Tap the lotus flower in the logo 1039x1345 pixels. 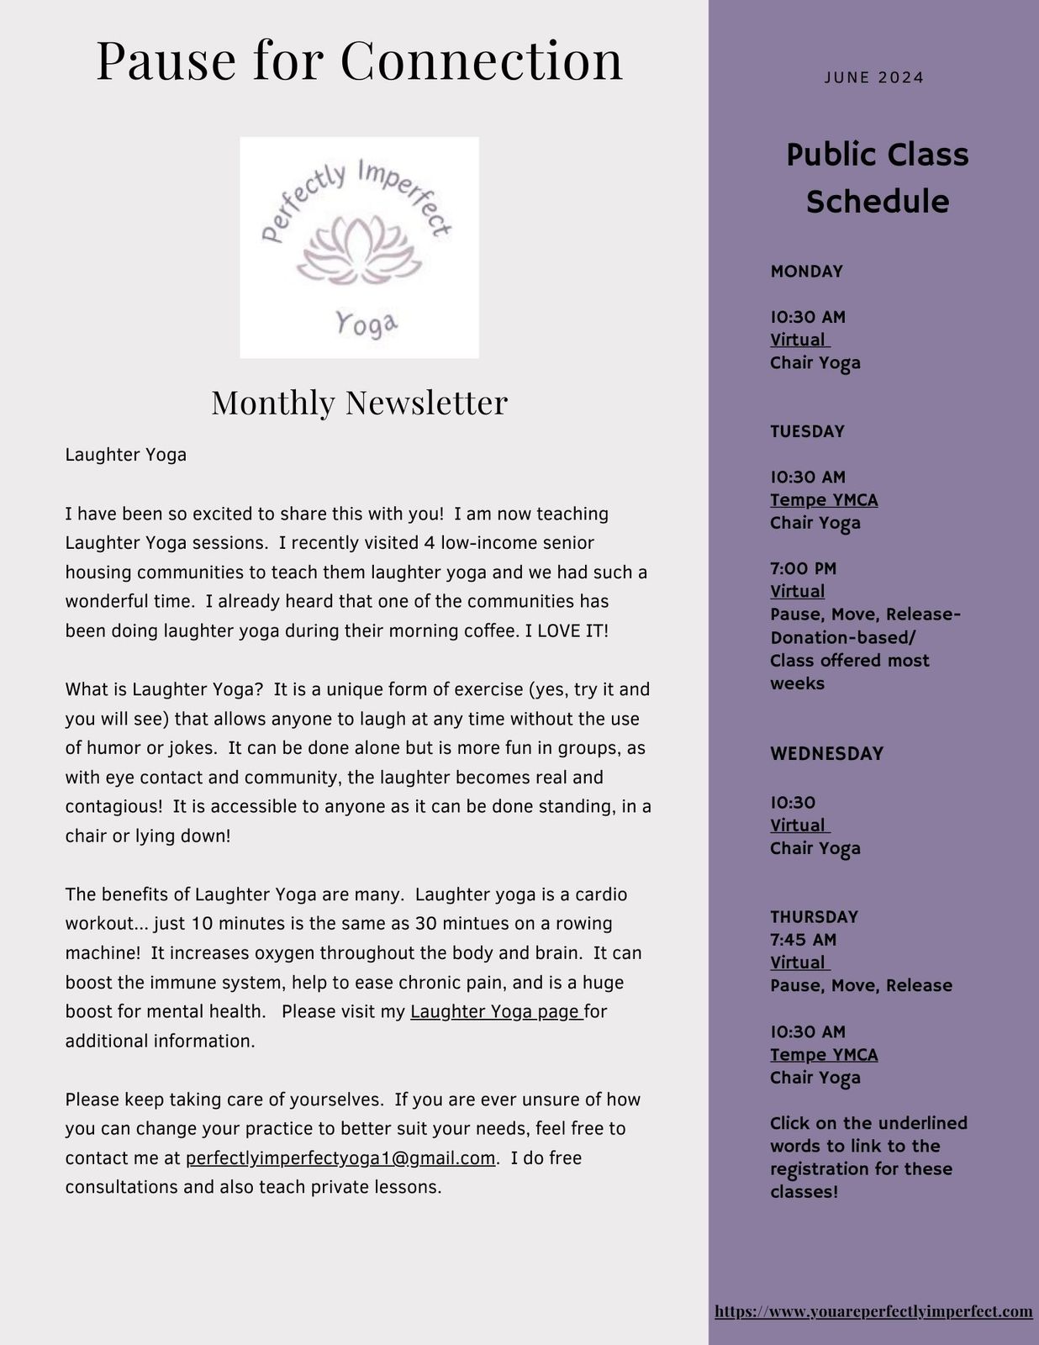tap(359, 250)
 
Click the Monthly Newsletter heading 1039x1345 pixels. tap(360, 403)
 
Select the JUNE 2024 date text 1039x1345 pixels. tap(874, 78)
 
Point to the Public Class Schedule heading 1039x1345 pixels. tap(877, 178)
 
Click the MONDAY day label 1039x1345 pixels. tap(806, 272)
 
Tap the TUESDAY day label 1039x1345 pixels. tap(807, 431)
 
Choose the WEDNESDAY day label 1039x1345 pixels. tap(826, 754)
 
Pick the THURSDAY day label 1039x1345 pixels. tap(814, 917)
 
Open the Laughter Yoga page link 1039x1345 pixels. tap(496, 1012)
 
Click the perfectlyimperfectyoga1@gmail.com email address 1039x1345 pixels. tap(340, 1158)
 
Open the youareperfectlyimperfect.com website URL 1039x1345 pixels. tap(873, 1311)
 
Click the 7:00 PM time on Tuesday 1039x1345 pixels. tap(803, 569)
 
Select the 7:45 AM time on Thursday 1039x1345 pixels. tap(803, 940)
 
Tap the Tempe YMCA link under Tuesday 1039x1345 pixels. tap(824, 500)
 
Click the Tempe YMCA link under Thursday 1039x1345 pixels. tap(824, 1055)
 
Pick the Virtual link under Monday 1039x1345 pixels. tap(799, 340)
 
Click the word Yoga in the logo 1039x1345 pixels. tap(367, 324)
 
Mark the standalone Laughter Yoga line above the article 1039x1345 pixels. tap(126, 456)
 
